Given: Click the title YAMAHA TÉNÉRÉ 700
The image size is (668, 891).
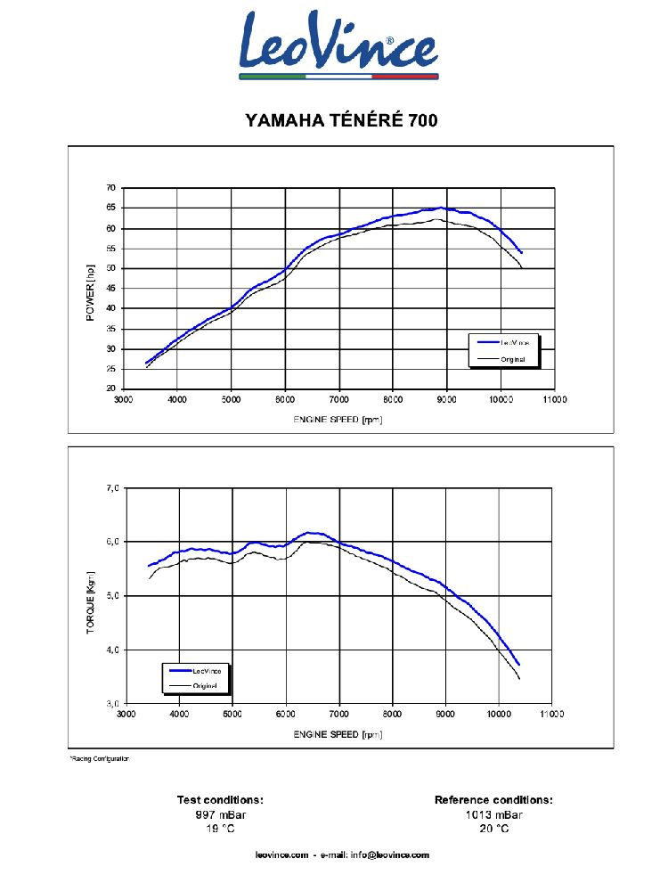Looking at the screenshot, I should pos(341,120).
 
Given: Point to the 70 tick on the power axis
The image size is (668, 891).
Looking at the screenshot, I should pos(111,188).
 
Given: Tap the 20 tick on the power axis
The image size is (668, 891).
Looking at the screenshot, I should pos(111,388).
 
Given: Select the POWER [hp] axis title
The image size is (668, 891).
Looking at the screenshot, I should pos(90,292).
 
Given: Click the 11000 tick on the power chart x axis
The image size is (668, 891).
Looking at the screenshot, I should pos(554,401).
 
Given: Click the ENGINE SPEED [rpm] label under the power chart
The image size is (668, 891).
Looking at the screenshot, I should pos(338,419).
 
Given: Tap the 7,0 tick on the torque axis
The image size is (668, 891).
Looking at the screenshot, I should pos(112,488).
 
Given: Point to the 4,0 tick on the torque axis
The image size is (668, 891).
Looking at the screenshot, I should pos(112,650).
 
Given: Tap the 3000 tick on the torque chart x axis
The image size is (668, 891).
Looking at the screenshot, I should pos(126,715).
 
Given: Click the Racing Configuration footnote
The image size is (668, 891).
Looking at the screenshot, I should pos(100,758).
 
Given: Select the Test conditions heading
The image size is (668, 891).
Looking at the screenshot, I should pos(220,800).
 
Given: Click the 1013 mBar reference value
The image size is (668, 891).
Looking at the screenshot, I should pos(493,814).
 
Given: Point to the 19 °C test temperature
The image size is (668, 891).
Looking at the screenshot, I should pos(220,829).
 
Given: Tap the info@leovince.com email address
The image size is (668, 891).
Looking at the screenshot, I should pos(390,855).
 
